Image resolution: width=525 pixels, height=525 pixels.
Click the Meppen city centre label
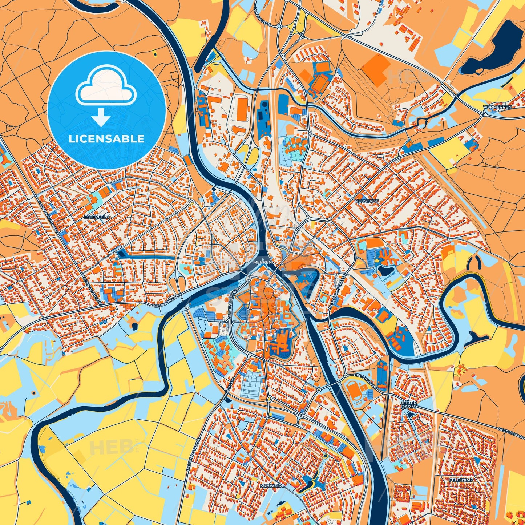[263, 262]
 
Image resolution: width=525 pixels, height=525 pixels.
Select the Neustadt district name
[367, 201]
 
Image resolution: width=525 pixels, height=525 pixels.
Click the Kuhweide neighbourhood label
[272, 485]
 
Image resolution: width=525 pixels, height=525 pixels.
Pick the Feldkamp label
[461, 480]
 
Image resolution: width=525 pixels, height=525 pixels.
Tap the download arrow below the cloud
[101, 118]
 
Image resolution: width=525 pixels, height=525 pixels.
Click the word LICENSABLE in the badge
[106, 138]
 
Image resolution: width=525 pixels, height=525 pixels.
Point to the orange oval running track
[354, 391]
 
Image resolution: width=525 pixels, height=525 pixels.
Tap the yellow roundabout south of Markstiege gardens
[269, 399]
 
